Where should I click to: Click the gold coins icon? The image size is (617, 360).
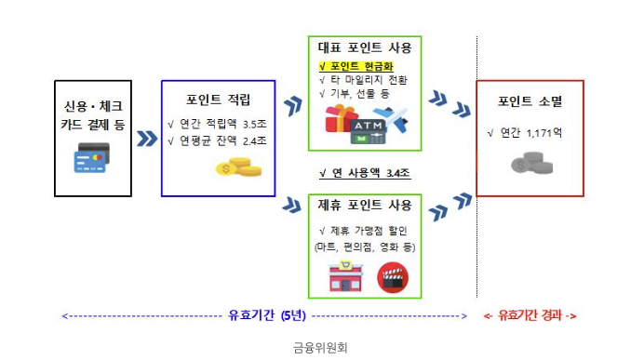[238, 167]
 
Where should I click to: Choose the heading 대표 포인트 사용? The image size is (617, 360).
[365, 48]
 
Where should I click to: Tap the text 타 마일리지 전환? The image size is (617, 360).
[368, 80]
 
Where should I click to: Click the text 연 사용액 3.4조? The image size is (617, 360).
[364, 173]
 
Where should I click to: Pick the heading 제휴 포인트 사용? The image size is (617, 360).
[365, 205]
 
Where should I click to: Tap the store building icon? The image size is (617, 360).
[344, 276]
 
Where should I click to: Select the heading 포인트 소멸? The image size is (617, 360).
[530, 101]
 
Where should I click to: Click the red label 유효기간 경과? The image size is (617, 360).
[530, 316]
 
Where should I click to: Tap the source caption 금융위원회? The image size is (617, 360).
[319, 349]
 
